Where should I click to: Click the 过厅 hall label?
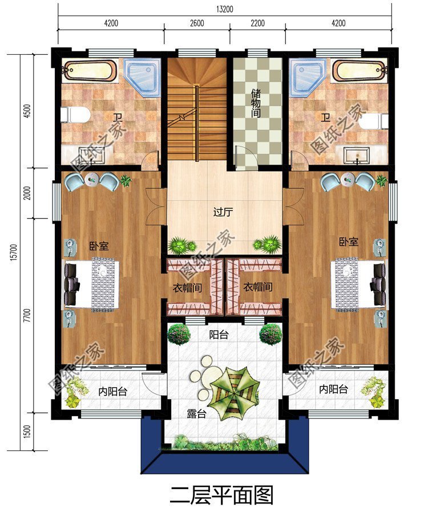pos(223,212)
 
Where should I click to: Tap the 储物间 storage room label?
pos(256,103)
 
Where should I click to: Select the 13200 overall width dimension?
pos(225,9)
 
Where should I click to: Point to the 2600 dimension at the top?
pos(197,23)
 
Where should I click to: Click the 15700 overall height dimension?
pos(14,252)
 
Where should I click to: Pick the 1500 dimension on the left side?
pos(27,432)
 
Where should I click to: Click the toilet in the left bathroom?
pos(75,115)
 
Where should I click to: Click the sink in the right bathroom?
pos(357,155)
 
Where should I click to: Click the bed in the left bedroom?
pos(92,285)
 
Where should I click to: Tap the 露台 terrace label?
pos(196,414)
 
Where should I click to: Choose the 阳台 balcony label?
pos(219,335)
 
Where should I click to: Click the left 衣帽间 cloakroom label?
pos(188,289)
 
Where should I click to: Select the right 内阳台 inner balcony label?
pos(333,389)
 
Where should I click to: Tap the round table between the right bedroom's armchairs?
pos(348,179)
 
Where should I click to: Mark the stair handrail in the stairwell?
pos(197,123)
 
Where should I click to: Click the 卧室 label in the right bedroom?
pos(349,242)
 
